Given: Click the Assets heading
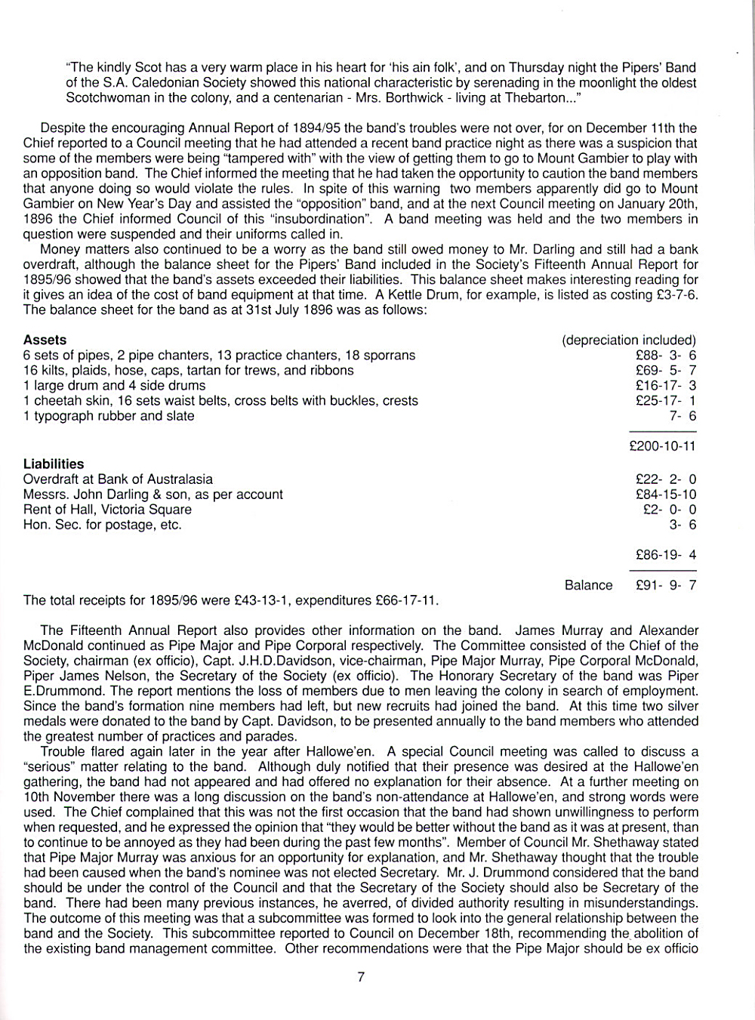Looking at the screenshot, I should (x=45, y=341).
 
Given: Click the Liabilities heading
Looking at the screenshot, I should (x=54, y=464).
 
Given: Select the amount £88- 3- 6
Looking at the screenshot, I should (x=666, y=356).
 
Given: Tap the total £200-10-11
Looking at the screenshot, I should (x=662, y=446).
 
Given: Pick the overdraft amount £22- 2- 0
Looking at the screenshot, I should (x=666, y=479).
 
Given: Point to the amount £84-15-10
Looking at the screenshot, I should (x=666, y=495).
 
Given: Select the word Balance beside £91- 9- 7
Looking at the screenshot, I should (x=588, y=585).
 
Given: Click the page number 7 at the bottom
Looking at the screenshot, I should (x=361, y=977).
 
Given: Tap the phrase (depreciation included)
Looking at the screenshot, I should (x=628, y=341).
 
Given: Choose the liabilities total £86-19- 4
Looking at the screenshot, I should (x=666, y=555).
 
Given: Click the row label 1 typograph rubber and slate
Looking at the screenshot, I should (x=109, y=416).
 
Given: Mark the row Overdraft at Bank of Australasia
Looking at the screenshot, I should (x=118, y=479).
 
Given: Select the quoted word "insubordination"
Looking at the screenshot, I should (x=325, y=219).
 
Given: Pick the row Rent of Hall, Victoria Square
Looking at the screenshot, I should (x=107, y=510).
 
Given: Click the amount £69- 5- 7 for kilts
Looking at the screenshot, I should (x=666, y=371).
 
